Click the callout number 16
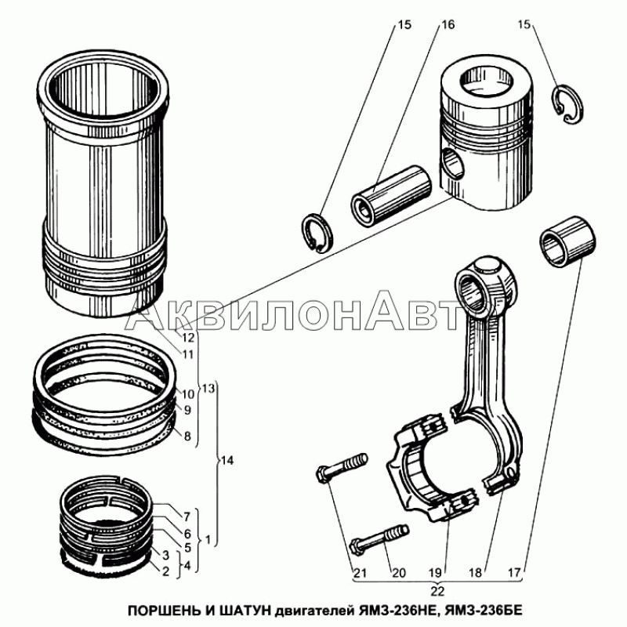coord(448,25)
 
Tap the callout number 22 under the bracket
coord(437,591)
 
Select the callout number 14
coord(227,461)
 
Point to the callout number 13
coord(208,388)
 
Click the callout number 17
coord(514,573)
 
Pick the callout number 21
coord(360,573)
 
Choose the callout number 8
coord(187,436)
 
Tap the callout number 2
coord(166,571)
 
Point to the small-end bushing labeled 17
coord(567,241)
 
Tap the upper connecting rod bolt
coord(342,468)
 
